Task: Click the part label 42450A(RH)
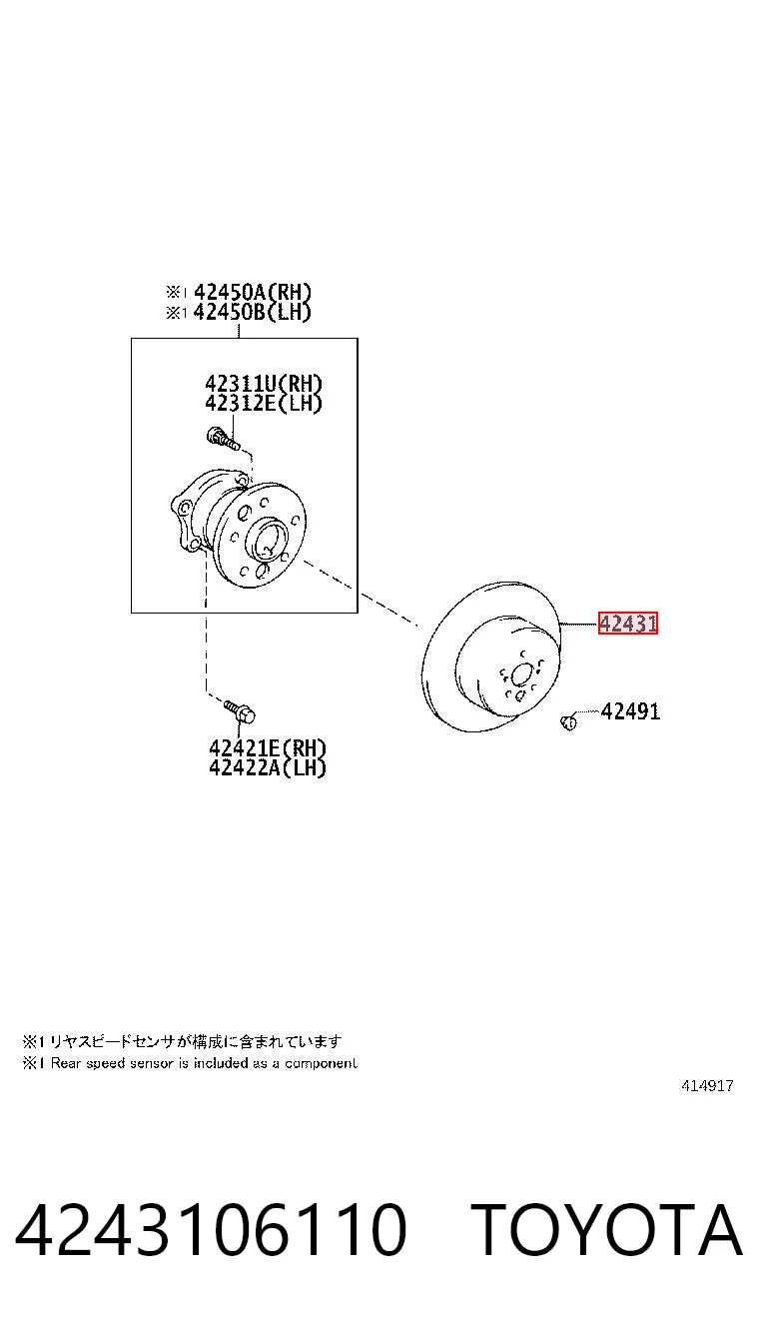pos(253,292)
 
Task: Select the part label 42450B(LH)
pos(253,312)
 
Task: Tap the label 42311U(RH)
pos(263,384)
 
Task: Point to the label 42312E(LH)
pos(263,403)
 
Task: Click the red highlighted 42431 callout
pos(627,624)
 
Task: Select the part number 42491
pos(630,711)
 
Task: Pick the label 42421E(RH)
pos(268,748)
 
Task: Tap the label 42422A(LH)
pos(268,767)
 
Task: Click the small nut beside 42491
pos(568,721)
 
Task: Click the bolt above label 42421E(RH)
pos(239,711)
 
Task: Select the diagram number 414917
pos(707,1086)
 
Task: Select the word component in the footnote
pos(322,1064)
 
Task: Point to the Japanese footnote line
pos(182,1041)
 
